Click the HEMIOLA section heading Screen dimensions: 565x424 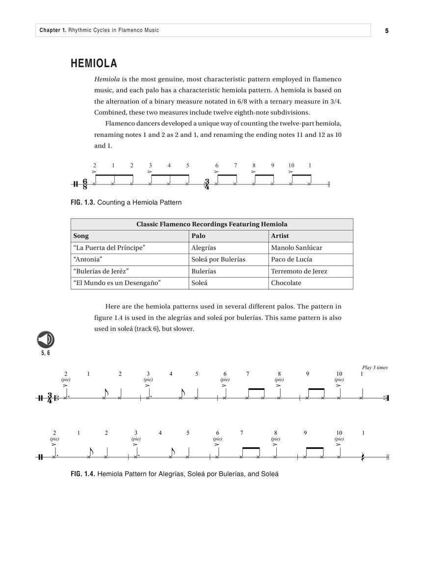click(x=94, y=63)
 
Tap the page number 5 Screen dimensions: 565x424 click(x=387, y=30)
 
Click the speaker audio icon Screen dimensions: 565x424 click(x=46, y=339)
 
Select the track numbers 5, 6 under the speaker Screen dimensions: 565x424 click(x=46, y=353)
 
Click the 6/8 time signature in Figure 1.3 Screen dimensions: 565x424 click(x=85, y=184)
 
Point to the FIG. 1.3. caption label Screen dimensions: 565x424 click(x=82, y=202)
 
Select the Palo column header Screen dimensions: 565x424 click(x=198, y=236)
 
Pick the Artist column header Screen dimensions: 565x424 click(x=280, y=236)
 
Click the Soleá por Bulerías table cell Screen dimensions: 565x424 click(x=218, y=259)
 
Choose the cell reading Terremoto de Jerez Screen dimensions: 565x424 click(x=299, y=271)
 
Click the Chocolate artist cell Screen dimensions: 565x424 click(x=286, y=283)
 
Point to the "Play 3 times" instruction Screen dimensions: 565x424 click(x=374, y=367)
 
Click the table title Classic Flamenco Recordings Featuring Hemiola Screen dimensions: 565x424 click(x=212, y=224)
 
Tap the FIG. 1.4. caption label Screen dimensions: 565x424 click(x=82, y=474)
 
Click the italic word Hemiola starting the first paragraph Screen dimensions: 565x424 click(x=107, y=79)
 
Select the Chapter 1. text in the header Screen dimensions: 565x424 click(x=53, y=30)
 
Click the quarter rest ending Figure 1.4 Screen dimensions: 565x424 click(x=363, y=457)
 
